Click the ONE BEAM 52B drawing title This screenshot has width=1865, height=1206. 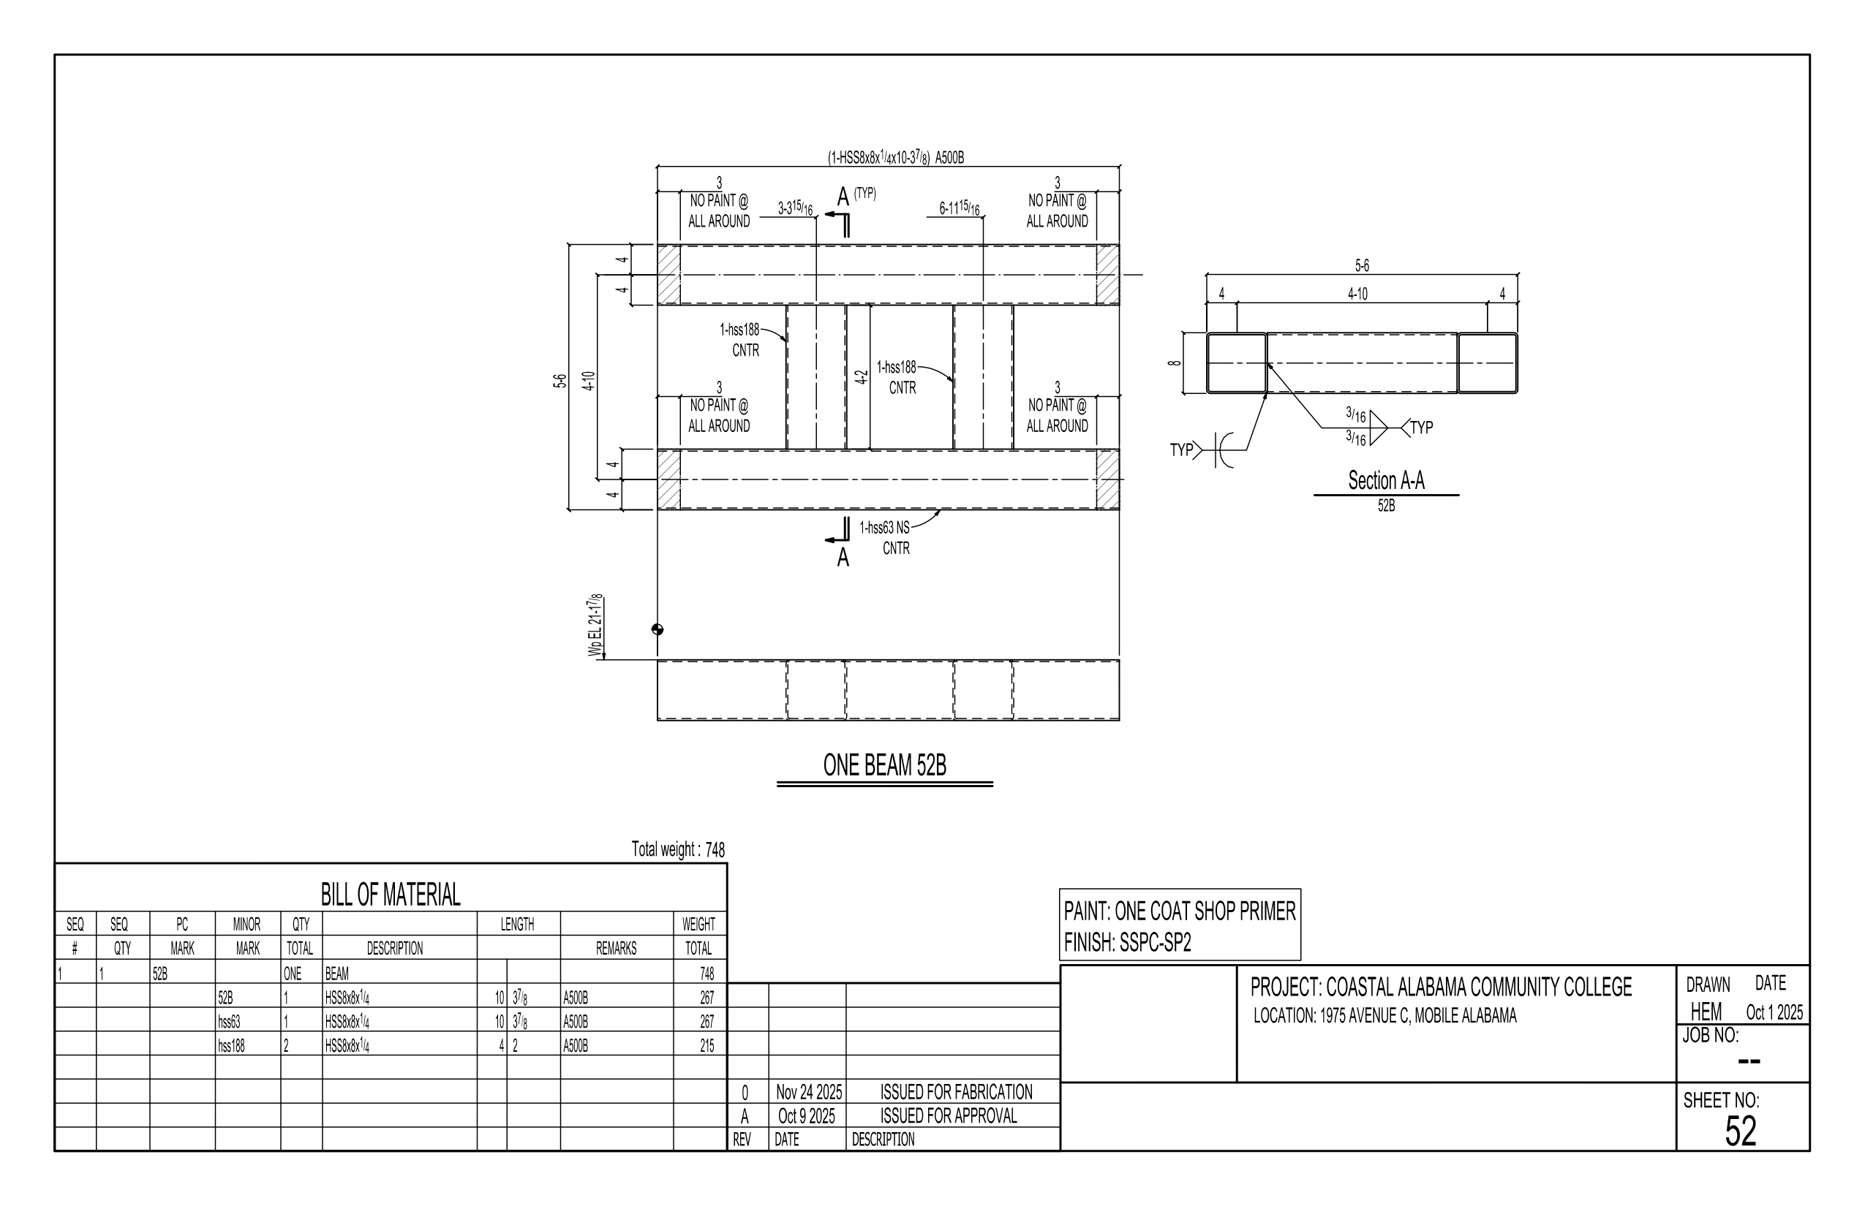tap(884, 765)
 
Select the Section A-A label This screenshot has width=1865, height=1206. tap(1385, 480)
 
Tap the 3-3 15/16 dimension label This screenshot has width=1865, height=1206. tap(794, 208)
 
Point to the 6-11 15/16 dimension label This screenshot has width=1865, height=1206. tap(959, 208)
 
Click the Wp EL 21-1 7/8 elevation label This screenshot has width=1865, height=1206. tap(596, 626)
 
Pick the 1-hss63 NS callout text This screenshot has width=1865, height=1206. tap(884, 528)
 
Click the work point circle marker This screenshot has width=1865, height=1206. tap(658, 629)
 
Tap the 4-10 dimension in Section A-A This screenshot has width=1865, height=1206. tap(1357, 294)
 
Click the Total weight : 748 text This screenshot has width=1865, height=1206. tap(678, 849)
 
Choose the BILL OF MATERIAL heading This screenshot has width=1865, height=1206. tap(391, 895)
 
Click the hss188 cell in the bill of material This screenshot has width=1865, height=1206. tap(231, 1045)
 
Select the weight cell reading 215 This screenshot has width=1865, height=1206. tap(706, 1045)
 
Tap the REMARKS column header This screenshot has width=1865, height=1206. tap(616, 949)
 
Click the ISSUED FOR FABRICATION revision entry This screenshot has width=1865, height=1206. tap(956, 1092)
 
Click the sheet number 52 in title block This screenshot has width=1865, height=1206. tap(1741, 1131)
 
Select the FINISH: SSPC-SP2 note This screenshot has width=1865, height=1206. tap(1127, 943)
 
